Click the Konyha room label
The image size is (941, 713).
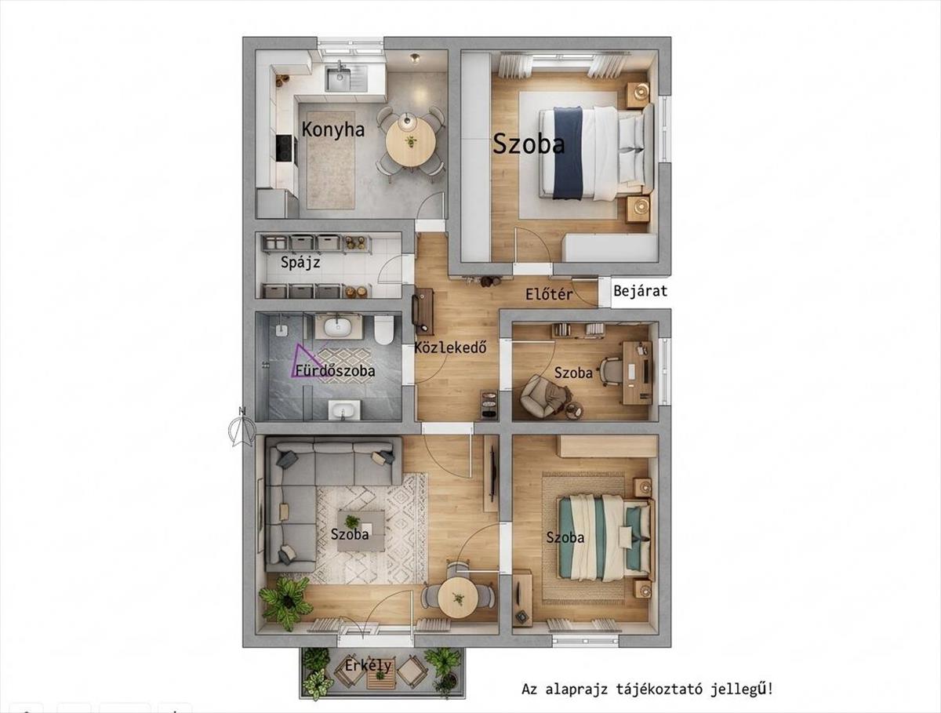(x=333, y=130)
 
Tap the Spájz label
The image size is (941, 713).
(x=300, y=263)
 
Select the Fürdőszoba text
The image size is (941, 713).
(x=336, y=370)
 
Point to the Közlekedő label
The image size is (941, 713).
(x=451, y=347)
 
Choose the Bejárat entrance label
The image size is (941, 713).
(x=641, y=291)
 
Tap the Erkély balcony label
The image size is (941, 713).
(x=369, y=665)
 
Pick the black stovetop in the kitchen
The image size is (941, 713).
(x=286, y=149)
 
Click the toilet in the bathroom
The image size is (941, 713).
(x=383, y=329)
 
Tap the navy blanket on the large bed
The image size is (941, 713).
(x=568, y=153)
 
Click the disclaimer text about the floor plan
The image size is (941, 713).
(x=648, y=689)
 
